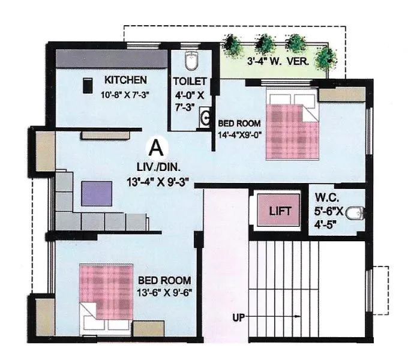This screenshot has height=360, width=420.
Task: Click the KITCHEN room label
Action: (x=125, y=80)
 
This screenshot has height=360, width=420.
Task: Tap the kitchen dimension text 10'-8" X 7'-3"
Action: (x=125, y=94)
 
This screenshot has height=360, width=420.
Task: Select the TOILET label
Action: (x=190, y=82)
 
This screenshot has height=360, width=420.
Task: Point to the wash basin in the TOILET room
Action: (x=206, y=118)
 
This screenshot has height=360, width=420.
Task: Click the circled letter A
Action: (x=156, y=146)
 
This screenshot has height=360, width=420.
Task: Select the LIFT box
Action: (x=280, y=211)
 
